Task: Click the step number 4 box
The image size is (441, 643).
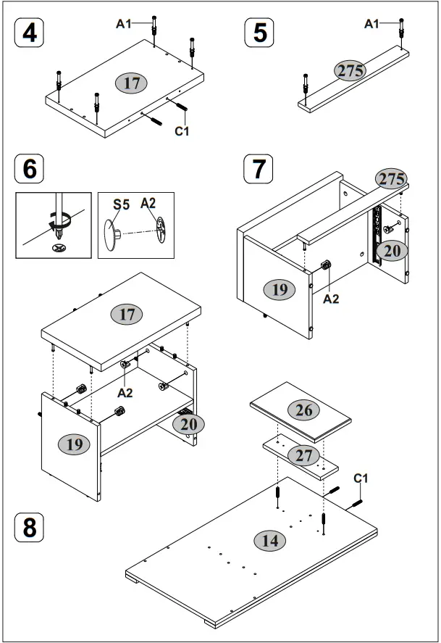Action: [x=29, y=33]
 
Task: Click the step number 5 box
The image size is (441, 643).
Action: [x=260, y=33]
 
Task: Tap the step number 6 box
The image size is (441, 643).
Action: [x=29, y=168]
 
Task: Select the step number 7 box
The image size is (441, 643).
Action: [x=259, y=168]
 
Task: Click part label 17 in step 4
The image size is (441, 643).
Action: [x=131, y=83]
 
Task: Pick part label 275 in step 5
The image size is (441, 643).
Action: [x=350, y=70]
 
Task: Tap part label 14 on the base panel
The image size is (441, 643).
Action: [x=269, y=540]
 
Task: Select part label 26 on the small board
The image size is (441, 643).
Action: [x=304, y=410]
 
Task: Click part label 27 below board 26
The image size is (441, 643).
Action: [x=304, y=455]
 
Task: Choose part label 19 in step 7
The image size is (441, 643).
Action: [x=280, y=290]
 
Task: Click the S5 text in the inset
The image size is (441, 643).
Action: [x=121, y=204]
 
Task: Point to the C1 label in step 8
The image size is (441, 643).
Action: [x=361, y=478]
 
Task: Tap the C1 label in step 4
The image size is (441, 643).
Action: [x=182, y=131]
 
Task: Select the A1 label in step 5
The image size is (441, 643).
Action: [x=371, y=24]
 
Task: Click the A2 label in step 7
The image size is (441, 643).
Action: [x=331, y=298]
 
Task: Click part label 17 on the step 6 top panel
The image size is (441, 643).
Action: [x=126, y=314]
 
